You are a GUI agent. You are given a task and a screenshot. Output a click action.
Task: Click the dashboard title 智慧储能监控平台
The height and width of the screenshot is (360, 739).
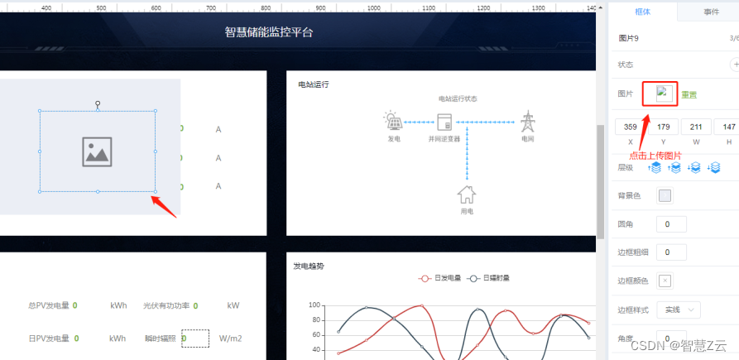[x=269, y=33]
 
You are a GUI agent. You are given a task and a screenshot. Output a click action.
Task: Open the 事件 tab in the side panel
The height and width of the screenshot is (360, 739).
[x=711, y=12]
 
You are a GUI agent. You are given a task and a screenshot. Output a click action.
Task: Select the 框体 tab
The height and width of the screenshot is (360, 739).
[x=642, y=12]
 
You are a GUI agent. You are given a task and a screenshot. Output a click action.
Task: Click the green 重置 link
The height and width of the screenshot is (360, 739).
[x=689, y=95]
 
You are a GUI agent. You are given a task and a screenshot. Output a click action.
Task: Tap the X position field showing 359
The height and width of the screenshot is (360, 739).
[x=631, y=127]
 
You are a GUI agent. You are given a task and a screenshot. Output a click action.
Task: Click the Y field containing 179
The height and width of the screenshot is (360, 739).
[x=663, y=127]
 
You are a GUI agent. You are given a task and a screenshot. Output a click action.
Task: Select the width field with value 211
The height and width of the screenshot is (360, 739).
[x=696, y=127]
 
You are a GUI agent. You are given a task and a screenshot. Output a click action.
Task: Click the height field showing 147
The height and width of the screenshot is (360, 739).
[x=728, y=127]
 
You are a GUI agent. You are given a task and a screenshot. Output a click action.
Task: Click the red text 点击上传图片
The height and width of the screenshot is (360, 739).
[x=655, y=155]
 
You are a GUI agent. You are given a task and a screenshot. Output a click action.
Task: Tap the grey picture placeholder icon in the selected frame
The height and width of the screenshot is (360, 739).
[x=98, y=151]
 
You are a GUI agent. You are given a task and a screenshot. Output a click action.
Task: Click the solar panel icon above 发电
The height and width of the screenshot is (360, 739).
[x=394, y=122]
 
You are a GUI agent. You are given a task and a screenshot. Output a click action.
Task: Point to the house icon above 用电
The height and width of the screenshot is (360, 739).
[x=467, y=194]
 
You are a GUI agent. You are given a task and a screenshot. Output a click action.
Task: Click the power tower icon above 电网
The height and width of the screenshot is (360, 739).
[x=527, y=122]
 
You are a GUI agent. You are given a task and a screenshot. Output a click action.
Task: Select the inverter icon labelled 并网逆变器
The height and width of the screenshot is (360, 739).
[x=444, y=122]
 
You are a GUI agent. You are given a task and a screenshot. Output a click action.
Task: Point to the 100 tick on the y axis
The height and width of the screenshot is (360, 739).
[x=314, y=305]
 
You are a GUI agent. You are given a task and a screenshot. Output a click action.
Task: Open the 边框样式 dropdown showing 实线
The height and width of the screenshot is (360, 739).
[x=679, y=310]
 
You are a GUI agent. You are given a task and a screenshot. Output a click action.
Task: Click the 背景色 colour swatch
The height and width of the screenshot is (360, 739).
[x=665, y=196]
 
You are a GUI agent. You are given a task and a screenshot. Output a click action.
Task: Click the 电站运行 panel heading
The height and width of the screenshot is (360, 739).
[x=314, y=84]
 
